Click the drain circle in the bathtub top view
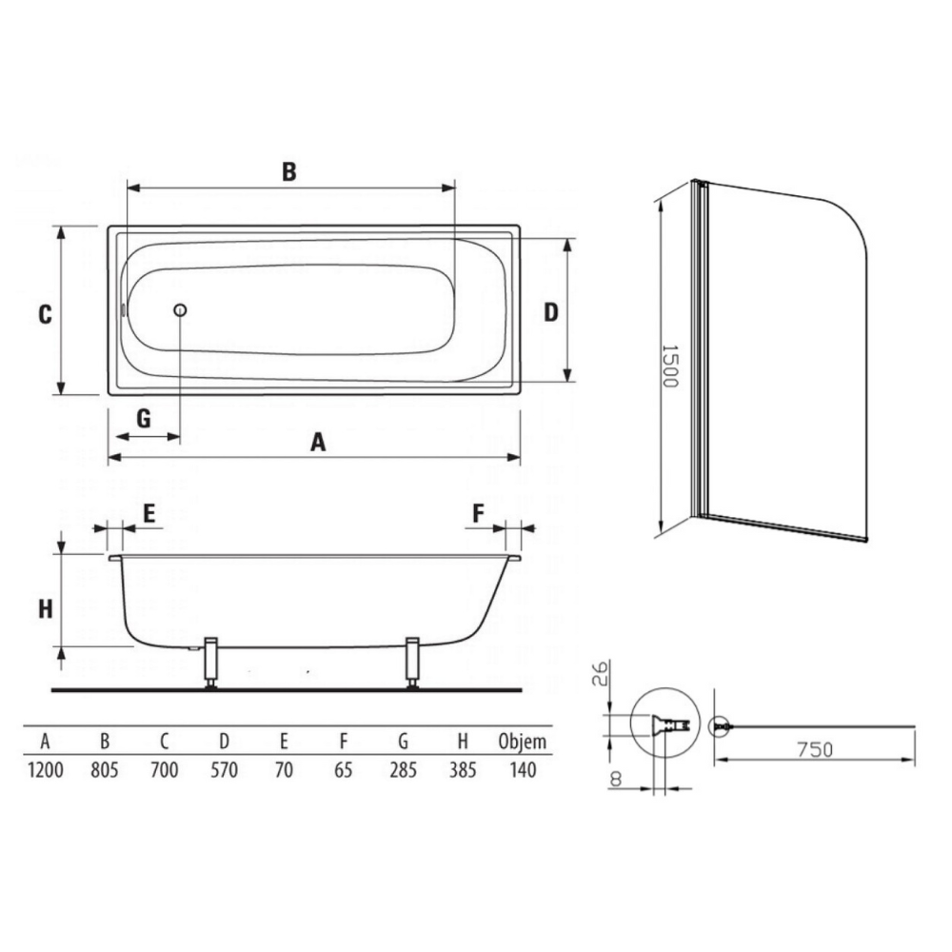click(x=180, y=310)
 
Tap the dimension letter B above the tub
click(x=289, y=171)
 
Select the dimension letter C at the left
click(x=45, y=314)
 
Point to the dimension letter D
click(x=550, y=312)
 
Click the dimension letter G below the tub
click(x=144, y=418)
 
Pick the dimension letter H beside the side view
click(x=46, y=609)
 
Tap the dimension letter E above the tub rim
click(x=149, y=514)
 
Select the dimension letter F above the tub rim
click(x=479, y=514)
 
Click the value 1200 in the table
click(x=46, y=770)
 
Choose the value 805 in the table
click(x=105, y=770)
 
